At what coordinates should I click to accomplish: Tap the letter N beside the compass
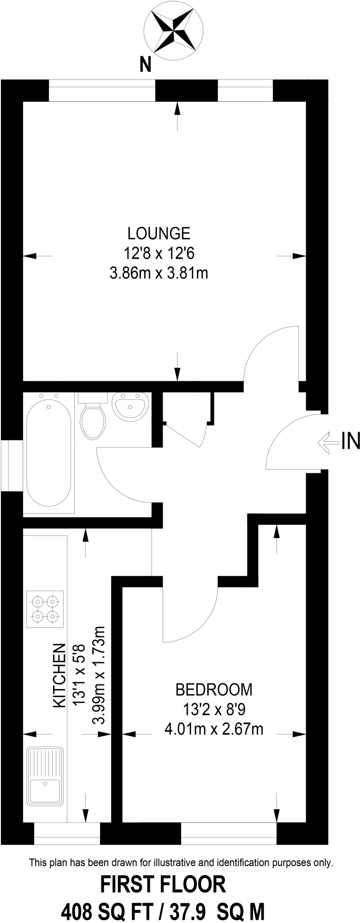[x=145, y=65]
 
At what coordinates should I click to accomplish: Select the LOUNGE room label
[x=159, y=233]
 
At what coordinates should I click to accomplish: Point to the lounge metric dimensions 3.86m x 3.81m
[x=159, y=273]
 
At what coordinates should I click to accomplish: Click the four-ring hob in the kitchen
[x=45, y=608]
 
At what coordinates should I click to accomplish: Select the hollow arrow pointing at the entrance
[x=328, y=442]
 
